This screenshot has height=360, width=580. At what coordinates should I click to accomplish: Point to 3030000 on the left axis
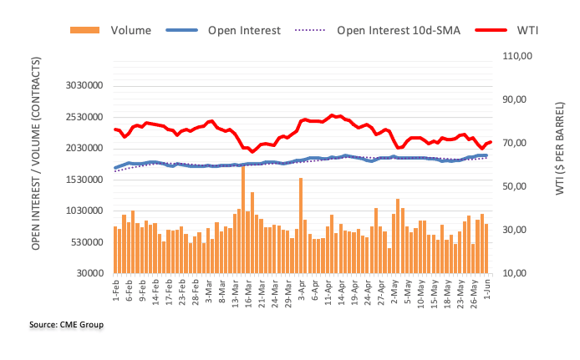tap(83, 85)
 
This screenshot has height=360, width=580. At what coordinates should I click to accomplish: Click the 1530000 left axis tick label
tap(83, 180)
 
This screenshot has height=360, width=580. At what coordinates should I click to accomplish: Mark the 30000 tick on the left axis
tap(89, 273)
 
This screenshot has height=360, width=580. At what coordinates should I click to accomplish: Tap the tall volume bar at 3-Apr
tap(301, 226)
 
